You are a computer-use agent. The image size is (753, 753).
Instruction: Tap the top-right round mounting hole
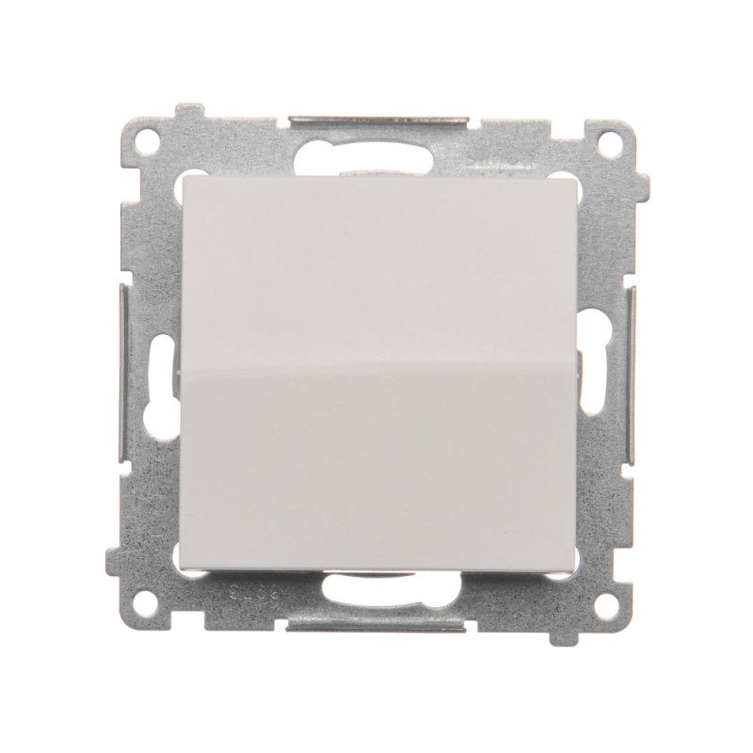coord(609,144)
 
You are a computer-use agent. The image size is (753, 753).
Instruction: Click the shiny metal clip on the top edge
coord(376,120)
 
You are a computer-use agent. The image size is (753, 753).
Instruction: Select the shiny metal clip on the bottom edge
coord(376,625)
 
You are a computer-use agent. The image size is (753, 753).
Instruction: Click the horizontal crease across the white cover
coord(376,367)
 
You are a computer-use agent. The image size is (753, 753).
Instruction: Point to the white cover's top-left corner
coord(182,177)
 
